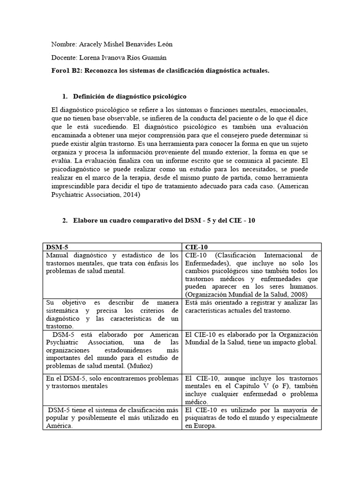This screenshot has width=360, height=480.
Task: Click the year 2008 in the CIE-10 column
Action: click(296, 294)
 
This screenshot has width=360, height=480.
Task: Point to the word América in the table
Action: click(59, 426)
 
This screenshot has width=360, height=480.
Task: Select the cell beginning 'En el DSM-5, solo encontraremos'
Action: click(112, 382)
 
